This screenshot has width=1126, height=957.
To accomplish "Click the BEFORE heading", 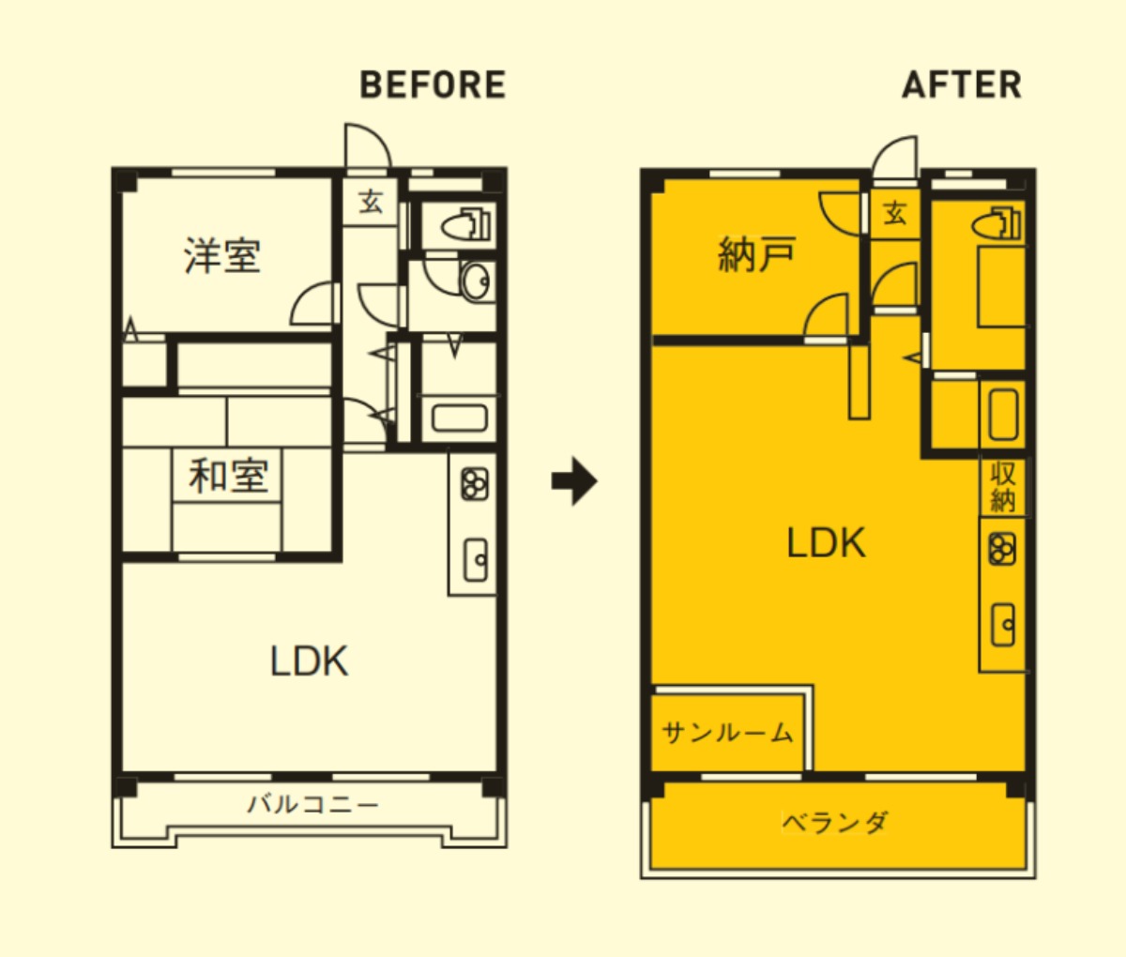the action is (434, 85).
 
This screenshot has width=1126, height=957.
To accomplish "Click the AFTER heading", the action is (962, 85).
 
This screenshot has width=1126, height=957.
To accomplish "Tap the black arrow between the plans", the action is (574, 481).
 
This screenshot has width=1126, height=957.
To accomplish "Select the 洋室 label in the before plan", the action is (222, 255).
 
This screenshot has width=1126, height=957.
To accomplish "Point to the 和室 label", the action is (229, 476).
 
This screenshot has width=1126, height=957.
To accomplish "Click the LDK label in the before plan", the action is (309, 661).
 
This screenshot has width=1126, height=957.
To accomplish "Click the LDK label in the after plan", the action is (826, 543).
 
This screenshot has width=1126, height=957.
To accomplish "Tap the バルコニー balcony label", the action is (312, 804).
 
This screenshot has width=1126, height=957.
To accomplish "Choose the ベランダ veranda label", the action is (835, 823).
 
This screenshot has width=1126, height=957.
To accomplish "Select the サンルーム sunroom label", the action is (727, 733).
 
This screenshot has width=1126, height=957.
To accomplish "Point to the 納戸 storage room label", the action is (757, 253).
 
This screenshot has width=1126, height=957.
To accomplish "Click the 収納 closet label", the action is (1003, 486).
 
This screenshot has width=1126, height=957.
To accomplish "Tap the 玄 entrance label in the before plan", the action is (371, 202).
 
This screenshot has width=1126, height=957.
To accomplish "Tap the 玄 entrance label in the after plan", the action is (895, 213).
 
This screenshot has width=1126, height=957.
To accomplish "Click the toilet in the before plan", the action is (467, 224).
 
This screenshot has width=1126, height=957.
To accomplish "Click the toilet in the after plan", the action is (996, 223).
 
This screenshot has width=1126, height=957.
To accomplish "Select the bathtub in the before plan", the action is (459, 418).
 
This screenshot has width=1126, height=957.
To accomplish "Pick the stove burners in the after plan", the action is (1002, 549).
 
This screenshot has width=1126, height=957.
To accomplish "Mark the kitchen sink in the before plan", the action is (475, 560).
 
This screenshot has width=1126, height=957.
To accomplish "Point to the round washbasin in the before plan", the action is (476, 281).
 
